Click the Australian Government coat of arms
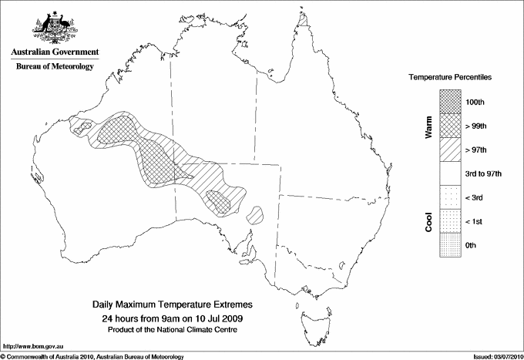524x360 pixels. (x=54, y=29)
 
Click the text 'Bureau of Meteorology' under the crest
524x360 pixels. (x=54, y=66)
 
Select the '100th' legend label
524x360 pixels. (x=475, y=102)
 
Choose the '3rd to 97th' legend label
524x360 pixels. (x=483, y=173)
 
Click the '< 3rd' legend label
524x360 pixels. (x=475, y=197)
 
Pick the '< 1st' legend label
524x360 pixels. (x=475, y=221)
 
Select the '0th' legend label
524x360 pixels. (x=472, y=245)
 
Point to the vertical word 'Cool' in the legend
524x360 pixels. (x=429, y=221)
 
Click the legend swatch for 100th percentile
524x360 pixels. (x=450, y=102)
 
